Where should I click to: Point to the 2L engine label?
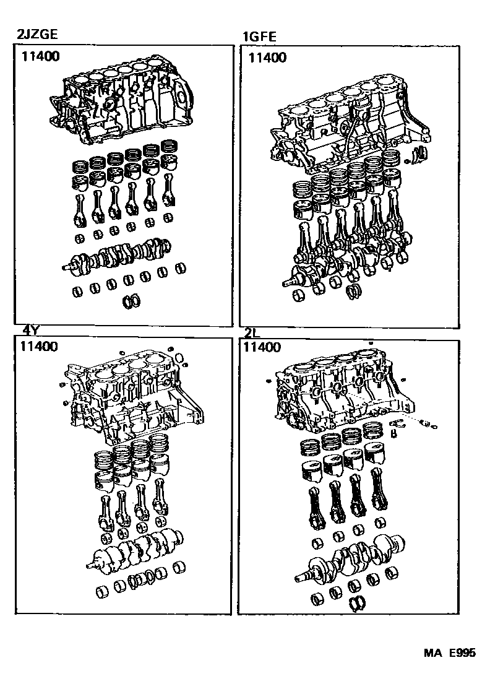[252, 332]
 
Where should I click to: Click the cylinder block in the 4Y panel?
[133, 396]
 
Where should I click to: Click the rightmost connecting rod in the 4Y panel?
[162, 498]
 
